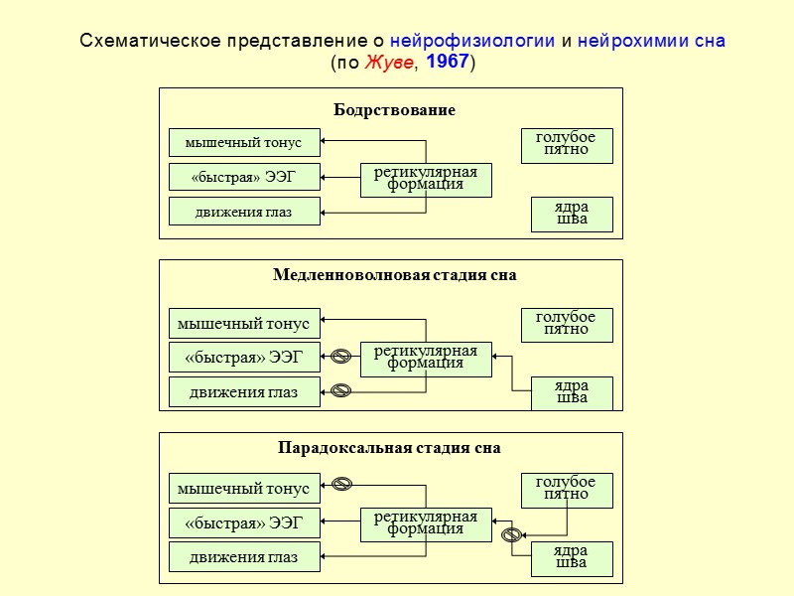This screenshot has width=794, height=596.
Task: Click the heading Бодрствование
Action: point(394,110)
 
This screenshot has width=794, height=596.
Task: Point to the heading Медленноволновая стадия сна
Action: point(394,275)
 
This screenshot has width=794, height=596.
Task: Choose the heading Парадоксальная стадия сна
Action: point(389,448)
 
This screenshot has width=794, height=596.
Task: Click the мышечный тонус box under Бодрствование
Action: point(244,143)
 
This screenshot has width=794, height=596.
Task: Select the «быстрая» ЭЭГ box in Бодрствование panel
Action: point(244,178)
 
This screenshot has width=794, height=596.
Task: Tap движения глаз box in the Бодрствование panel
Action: point(244,212)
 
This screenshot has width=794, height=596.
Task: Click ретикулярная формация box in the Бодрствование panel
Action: point(426,179)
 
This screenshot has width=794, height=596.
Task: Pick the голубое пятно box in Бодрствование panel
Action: point(567,145)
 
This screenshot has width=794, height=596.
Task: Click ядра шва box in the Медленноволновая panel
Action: point(573,392)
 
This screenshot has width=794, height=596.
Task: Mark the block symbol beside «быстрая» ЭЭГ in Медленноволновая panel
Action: point(340,356)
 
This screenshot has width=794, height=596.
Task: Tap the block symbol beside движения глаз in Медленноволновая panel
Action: point(340,390)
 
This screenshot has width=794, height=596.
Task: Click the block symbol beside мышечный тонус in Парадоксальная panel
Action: point(341,485)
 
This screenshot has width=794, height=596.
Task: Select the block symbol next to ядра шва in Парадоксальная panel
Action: point(512,535)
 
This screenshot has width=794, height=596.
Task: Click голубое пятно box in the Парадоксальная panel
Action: point(567,490)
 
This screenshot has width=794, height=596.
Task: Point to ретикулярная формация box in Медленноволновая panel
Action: point(426,359)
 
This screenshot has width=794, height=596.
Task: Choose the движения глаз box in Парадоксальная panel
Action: point(244,557)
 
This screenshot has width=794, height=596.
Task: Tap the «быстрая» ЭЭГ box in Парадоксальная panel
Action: point(244,522)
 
